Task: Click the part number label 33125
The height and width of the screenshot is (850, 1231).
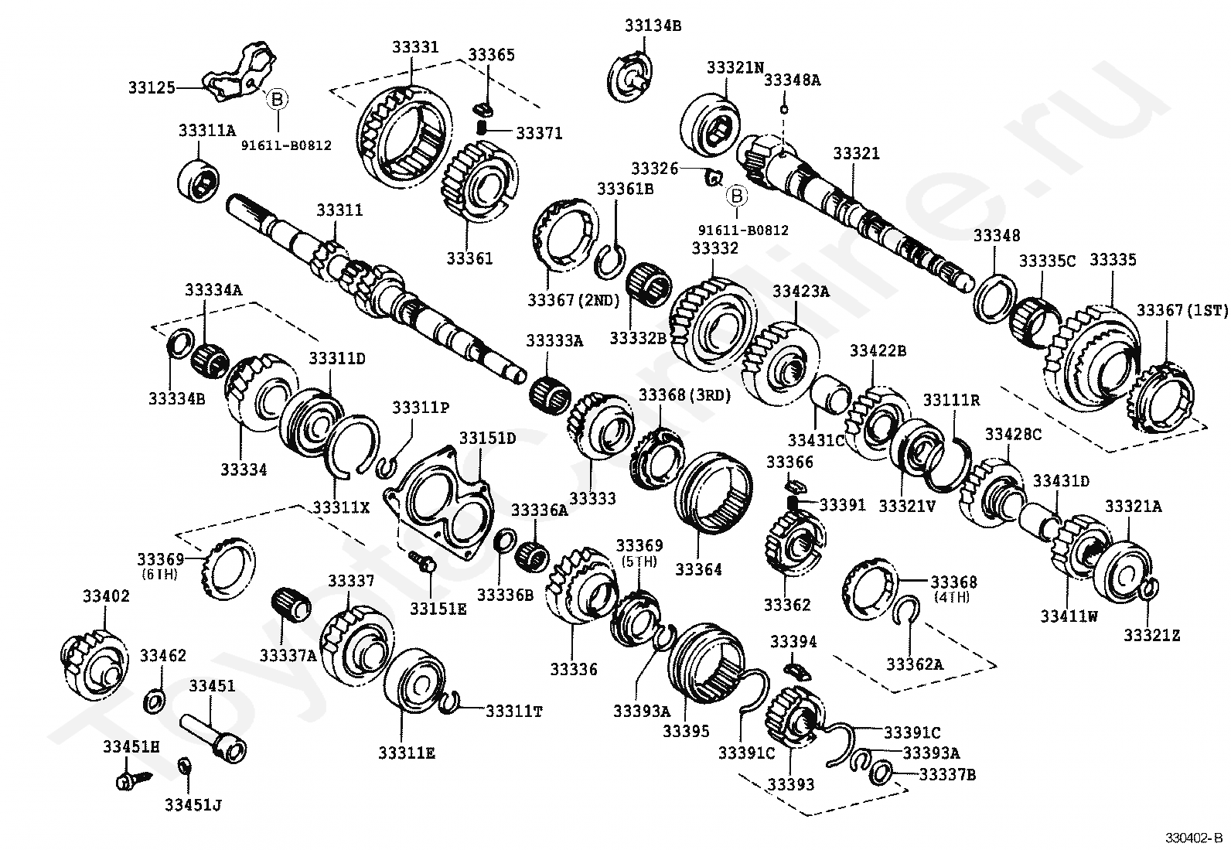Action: pos(152,88)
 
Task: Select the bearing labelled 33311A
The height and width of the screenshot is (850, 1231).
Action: pos(199,181)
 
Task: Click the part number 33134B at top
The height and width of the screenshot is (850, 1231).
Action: pos(653,25)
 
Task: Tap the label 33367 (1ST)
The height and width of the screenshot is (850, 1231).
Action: pos(1182,310)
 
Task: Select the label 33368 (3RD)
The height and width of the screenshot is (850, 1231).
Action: pos(684,395)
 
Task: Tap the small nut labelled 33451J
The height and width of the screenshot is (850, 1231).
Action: pos(184,766)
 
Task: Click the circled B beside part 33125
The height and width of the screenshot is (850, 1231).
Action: pos(276,98)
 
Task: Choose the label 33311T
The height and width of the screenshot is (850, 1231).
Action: pos(513,710)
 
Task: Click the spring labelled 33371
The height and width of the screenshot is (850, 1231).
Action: pos(481,128)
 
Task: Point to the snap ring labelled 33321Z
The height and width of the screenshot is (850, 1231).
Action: pos(1150,590)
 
